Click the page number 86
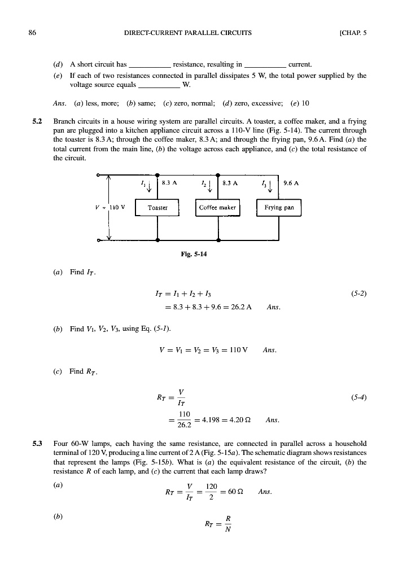(32, 32)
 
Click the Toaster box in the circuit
(157, 207)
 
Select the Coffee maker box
(218, 207)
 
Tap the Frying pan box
(279, 207)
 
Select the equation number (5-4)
(359, 397)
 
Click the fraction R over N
(227, 523)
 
